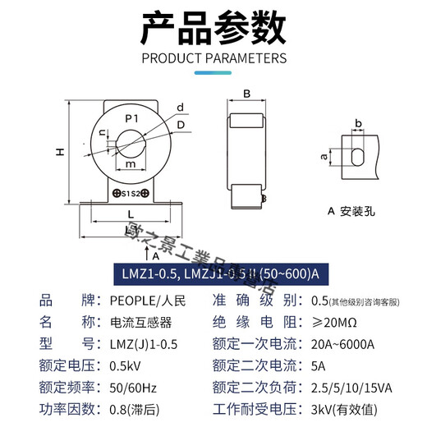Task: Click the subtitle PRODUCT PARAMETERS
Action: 213,58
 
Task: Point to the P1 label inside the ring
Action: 131,120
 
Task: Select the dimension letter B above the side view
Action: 246,93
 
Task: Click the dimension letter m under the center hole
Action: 131,165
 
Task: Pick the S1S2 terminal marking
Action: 130,194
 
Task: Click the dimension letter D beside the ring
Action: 181,125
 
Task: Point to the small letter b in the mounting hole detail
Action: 357,123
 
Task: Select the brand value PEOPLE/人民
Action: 145,300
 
